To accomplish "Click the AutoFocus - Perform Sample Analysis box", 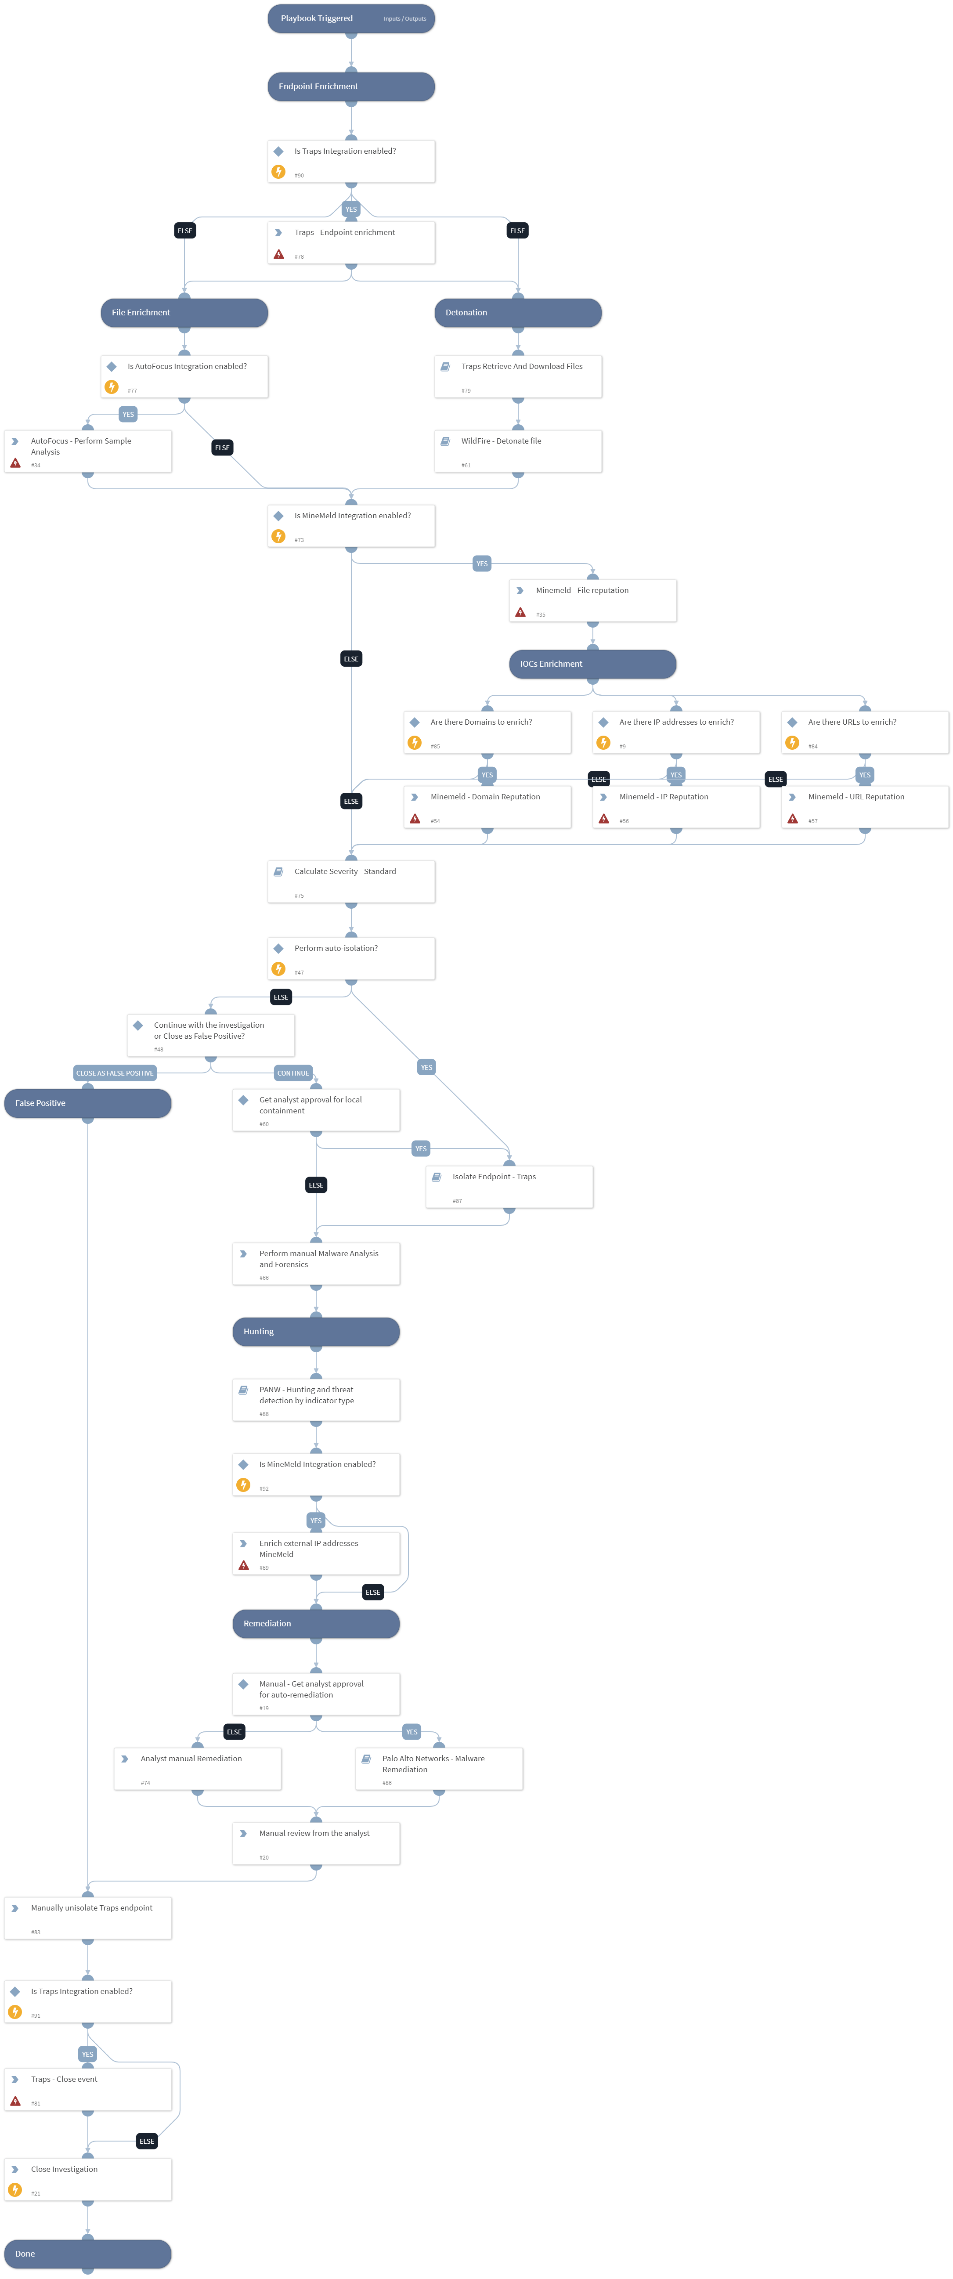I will click(87, 451).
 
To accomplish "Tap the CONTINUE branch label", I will click(293, 1073).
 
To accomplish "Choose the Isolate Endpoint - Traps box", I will click(509, 1186).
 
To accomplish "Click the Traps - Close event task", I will click(87, 2089).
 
